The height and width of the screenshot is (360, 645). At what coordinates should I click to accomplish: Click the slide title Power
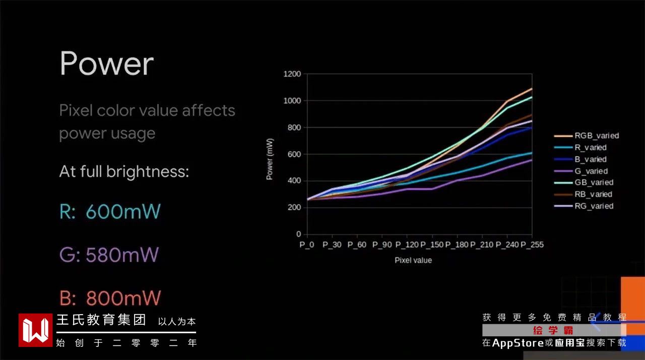point(106,64)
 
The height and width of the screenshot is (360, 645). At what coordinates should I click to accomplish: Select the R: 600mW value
point(110,212)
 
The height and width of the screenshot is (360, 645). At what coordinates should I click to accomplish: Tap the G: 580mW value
point(109,255)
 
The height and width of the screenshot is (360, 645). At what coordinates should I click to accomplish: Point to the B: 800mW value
point(110,298)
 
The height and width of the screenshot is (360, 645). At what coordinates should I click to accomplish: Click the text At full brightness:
point(124,172)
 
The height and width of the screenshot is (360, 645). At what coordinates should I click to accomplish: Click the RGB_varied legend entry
point(596,136)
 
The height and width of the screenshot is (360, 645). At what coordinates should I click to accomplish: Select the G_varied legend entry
point(591,171)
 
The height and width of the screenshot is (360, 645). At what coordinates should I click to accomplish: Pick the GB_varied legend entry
point(594,183)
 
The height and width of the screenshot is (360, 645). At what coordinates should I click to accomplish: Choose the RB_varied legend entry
point(593,194)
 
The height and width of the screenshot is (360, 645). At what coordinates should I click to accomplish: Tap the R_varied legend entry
point(590,148)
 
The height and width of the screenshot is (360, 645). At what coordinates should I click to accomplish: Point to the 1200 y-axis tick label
point(292,75)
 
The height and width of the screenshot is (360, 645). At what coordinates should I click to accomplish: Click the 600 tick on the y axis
point(294,154)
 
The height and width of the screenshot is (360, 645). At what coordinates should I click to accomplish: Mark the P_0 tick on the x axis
point(307,245)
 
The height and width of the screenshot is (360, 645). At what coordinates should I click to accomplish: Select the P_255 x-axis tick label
point(532,245)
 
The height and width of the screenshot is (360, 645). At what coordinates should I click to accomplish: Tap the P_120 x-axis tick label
point(407,245)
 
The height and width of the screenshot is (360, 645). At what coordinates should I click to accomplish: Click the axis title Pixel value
point(413,261)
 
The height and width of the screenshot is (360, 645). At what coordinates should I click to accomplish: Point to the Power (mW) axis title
point(270,159)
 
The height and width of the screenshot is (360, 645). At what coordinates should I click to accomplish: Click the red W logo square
point(35,330)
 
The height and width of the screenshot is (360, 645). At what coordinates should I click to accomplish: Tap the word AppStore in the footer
point(518,343)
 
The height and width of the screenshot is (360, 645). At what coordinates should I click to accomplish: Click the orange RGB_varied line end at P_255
point(532,89)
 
